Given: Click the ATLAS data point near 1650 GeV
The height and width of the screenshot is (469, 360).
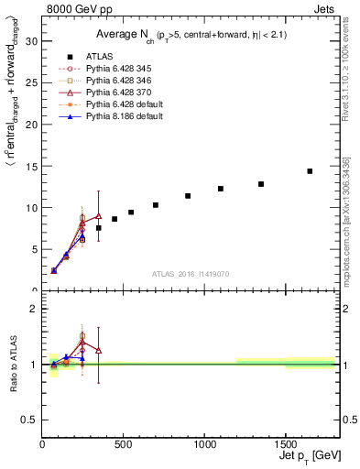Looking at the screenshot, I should [310, 171].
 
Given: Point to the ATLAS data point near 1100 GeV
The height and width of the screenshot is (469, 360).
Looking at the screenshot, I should [221, 189].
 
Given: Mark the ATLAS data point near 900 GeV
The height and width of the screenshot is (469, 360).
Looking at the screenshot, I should [188, 196].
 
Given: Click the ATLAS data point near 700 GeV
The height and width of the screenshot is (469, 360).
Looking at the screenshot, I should [156, 205].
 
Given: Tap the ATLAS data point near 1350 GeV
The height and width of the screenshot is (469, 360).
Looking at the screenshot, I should [261, 184].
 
